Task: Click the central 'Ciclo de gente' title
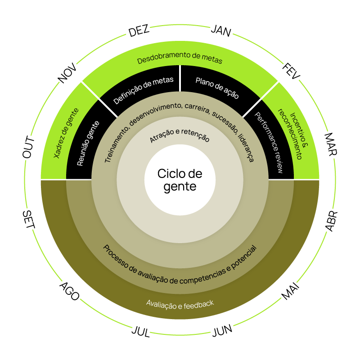(180, 180)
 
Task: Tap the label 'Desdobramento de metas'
(180, 60)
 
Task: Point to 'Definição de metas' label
(143, 90)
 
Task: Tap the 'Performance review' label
(269, 142)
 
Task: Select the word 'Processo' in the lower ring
(116, 256)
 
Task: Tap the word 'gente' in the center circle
(180, 186)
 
